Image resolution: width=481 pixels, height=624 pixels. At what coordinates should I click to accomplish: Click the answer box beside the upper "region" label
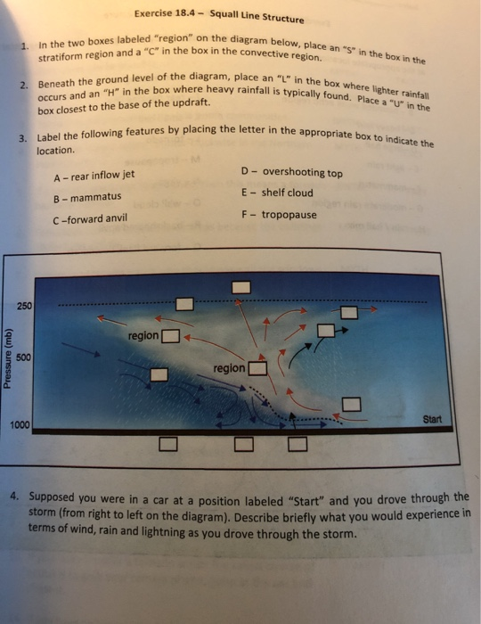coord(171,336)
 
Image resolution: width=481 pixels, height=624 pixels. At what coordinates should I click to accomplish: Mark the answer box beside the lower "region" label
coord(257,368)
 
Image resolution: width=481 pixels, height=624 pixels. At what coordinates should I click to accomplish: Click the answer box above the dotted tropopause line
coord(241,288)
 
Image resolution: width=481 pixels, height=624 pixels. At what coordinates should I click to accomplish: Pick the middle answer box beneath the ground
coord(241,443)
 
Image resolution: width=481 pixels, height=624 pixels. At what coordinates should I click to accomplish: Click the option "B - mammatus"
coord(87,197)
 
